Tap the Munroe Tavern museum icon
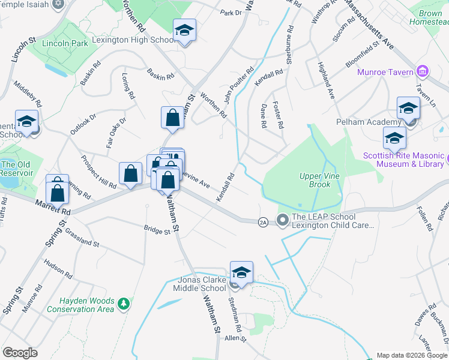coord(423,72)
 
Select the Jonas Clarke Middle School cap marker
coord(241,272)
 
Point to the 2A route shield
coord(262,221)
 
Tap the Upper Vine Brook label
coord(315,180)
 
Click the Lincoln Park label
coord(65,43)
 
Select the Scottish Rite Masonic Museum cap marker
coord(394,138)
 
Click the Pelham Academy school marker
coord(408,108)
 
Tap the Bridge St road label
coord(157,229)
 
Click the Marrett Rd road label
coord(52,208)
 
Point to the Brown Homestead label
coord(429,17)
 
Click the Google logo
coord(20,353)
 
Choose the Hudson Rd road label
coord(58,268)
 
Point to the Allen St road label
coord(235,339)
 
